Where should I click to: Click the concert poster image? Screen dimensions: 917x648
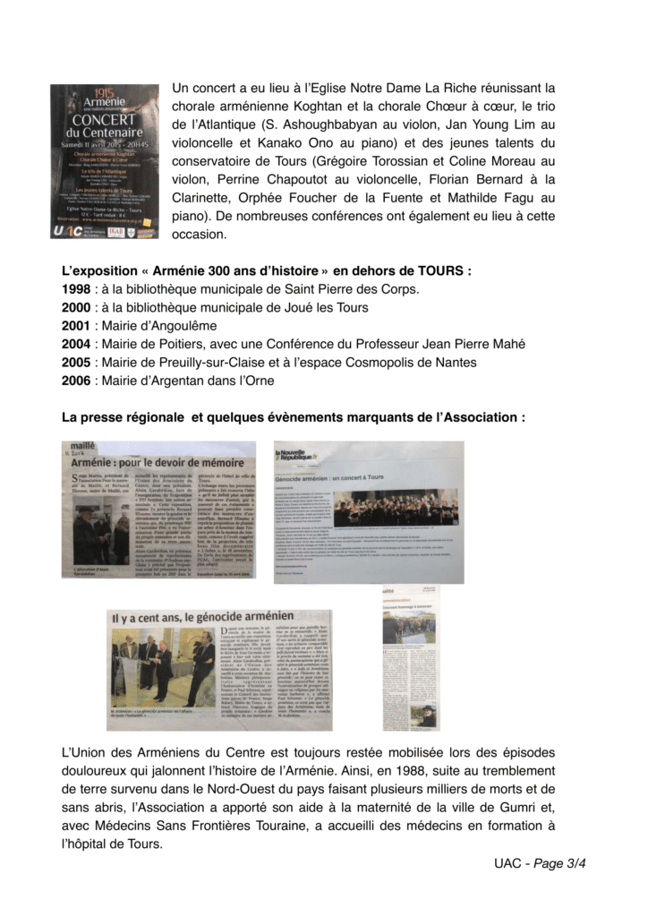tap(104, 161)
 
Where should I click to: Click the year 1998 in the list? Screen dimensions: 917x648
tap(75, 288)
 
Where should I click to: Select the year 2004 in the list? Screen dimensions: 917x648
tap(75, 344)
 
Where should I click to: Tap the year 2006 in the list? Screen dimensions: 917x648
tap(75, 381)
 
